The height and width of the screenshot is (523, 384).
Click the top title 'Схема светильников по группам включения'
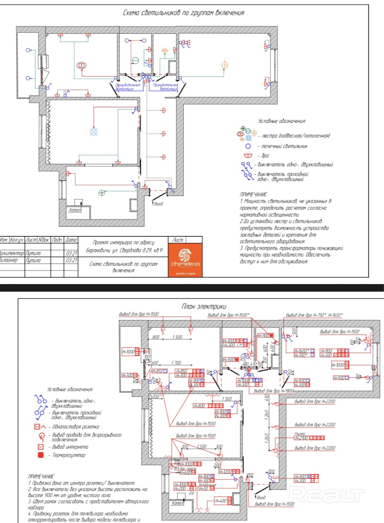point(183,13)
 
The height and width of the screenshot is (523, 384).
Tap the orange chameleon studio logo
point(185,259)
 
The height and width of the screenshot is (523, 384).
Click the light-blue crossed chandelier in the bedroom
point(94,132)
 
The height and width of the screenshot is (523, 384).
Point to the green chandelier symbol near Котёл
point(102,193)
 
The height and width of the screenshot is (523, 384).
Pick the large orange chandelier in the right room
point(224,65)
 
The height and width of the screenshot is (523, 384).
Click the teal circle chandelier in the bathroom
point(135,61)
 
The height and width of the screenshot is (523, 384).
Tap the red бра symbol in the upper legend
point(248,156)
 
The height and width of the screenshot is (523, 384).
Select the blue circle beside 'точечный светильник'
point(248,146)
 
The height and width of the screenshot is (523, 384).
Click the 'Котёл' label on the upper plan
point(75,210)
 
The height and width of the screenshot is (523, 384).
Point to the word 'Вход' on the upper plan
point(158,204)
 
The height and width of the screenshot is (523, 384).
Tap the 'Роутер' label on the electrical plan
point(300,434)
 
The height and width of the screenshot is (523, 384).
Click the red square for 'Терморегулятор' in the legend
point(41,455)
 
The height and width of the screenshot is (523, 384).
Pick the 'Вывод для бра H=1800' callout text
point(274,391)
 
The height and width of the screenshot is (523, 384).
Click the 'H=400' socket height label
point(221,501)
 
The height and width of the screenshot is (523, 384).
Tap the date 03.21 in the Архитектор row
point(72,253)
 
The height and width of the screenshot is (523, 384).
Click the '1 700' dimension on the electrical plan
point(176,363)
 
